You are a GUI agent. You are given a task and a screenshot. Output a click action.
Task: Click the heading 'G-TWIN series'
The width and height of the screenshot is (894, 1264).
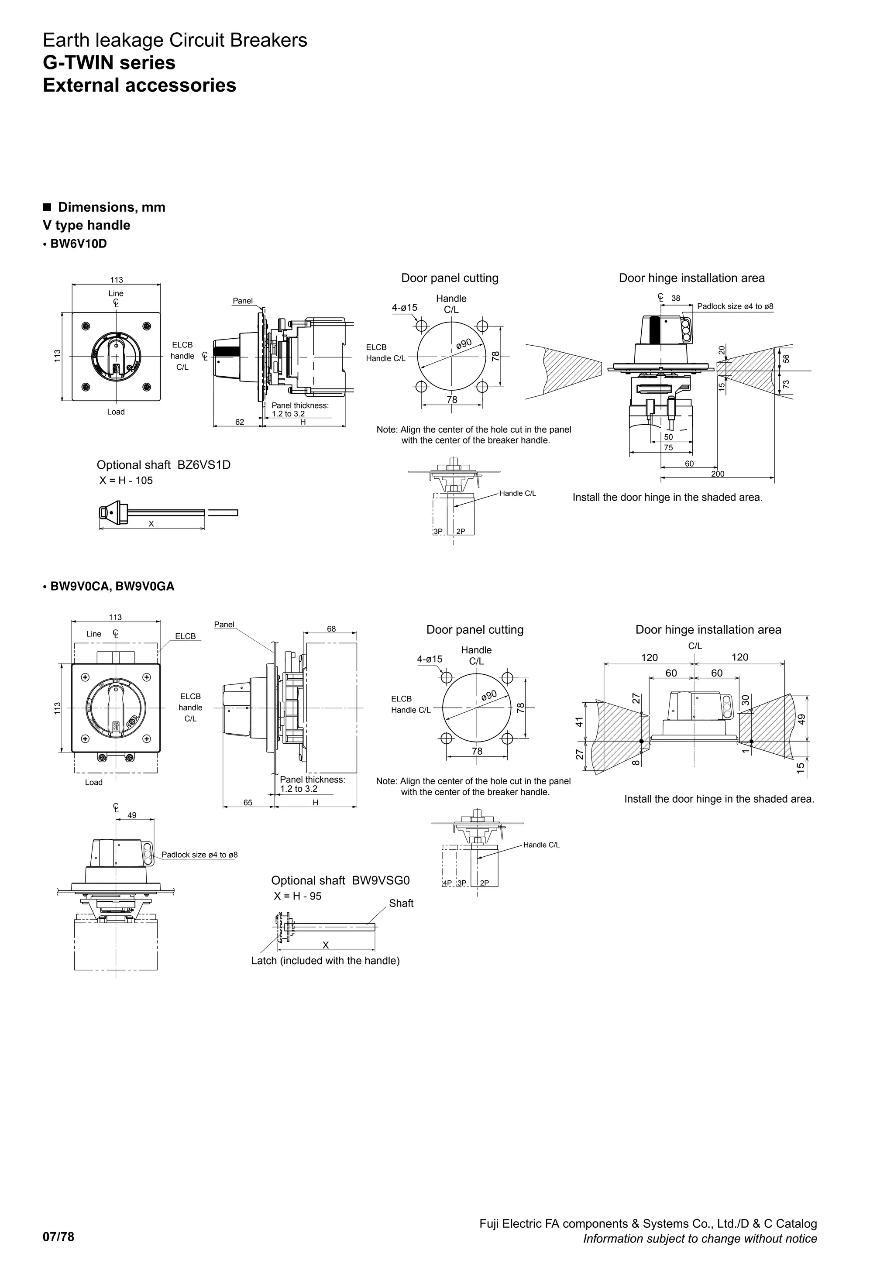[x=109, y=63]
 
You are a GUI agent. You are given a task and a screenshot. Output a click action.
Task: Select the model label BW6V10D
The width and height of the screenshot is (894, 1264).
[x=78, y=244]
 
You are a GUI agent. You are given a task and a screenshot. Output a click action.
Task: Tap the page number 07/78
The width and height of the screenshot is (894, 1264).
[x=58, y=1237]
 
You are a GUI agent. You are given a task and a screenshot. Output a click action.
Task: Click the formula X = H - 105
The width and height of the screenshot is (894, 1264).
[x=126, y=481]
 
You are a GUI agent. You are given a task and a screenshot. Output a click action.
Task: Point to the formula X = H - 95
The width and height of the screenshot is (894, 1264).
[x=298, y=896]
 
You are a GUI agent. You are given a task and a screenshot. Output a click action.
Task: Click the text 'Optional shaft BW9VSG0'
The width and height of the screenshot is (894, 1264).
[x=340, y=880]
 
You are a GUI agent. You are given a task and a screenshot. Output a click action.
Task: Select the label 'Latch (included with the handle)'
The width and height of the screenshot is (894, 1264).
[x=325, y=961]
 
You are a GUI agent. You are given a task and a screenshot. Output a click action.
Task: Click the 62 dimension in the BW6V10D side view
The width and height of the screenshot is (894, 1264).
[x=240, y=422]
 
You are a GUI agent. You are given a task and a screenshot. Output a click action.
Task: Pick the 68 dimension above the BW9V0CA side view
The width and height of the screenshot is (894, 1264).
[x=331, y=629]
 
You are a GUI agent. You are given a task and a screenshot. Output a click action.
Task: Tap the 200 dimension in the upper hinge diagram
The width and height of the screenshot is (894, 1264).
[x=717, y=474]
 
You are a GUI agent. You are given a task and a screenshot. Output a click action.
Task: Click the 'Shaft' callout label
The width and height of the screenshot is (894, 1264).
[x=401, y=903]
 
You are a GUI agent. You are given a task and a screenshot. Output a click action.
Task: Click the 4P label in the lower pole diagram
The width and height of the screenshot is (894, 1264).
[x=447, y=883]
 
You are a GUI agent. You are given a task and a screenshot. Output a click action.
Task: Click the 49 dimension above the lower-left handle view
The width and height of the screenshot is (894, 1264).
[x=132, y=815]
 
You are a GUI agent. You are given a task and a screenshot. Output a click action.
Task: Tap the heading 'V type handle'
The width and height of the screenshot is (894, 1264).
[x=86, y=225]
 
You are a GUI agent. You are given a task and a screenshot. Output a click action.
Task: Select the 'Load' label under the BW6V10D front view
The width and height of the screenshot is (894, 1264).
[x=116, y=412]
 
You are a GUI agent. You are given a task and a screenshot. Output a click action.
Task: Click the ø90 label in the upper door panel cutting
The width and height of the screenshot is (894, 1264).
[x=464, y=343]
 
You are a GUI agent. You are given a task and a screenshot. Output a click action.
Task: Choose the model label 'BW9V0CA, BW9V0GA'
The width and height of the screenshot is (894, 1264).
[x=112, y=586]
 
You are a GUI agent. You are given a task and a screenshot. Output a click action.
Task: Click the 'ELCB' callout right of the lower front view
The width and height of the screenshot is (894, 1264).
[x=186, y=636]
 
